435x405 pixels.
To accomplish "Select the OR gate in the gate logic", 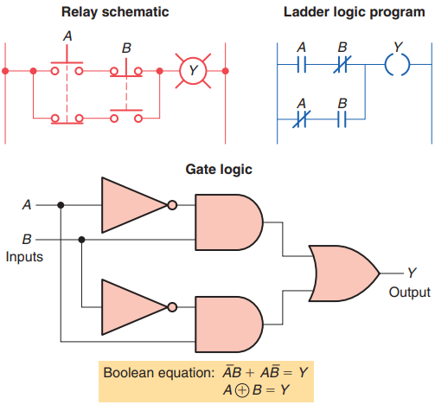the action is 344,273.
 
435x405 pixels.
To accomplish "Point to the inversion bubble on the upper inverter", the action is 172,205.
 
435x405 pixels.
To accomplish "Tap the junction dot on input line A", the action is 61,205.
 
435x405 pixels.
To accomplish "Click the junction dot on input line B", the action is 81,240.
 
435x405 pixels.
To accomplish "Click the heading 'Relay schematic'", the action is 115,12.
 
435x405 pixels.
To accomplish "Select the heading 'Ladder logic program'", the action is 355,12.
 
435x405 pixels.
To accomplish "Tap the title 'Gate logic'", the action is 219,170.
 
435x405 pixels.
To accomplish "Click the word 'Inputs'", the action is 24,257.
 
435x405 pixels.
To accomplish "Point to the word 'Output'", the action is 409,292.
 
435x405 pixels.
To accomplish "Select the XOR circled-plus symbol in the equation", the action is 242,390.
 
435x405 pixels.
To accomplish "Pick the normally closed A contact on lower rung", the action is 301,119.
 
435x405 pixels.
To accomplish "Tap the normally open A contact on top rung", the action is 302,65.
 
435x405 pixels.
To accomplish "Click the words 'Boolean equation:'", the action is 159,373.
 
